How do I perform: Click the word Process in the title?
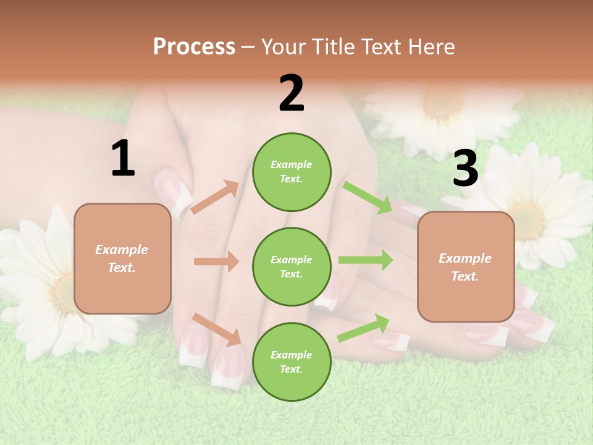[x=194, y=47]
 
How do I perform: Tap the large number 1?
[x=123, y=159]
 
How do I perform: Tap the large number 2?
[x=292, y=93]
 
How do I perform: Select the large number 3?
[x=465, y=169]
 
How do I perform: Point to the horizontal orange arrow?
[x=216, y=261]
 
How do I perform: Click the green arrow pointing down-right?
[x=368, y=198]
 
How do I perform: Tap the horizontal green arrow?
[x=365, y=260]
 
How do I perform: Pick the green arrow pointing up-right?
[x=363, y=328]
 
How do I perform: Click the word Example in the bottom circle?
[x=291, y=355]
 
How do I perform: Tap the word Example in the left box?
[x=122, y=250]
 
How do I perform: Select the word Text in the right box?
[x=464, y=276]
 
